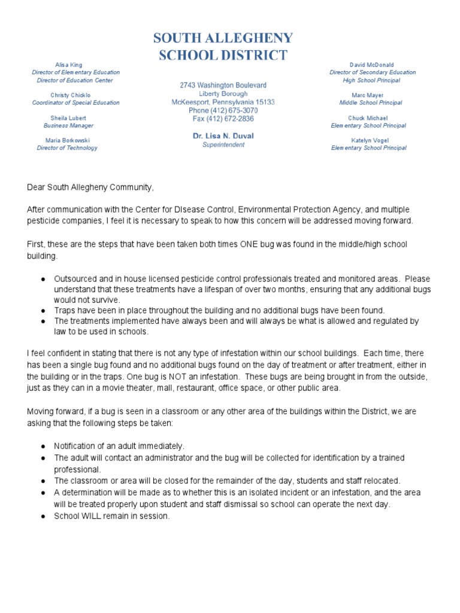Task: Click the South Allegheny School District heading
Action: (x=223, y=47)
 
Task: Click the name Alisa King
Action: (x=69, y=65)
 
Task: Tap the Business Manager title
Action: (x=68, y=126)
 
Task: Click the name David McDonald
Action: (x=371, y=65)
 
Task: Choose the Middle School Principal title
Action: (x=368, y=103)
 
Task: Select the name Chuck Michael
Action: (x=368, y=118)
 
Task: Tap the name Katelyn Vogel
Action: (x=368, y=140)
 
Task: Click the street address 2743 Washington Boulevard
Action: (x=223, y=86)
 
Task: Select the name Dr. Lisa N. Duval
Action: (x=223, y=136)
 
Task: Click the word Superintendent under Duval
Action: (x=223, y=145)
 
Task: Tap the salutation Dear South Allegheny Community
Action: (x=90, y=188)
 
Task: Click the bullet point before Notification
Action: (x=43, y=447)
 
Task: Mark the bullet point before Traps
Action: (x=43, y=311)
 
